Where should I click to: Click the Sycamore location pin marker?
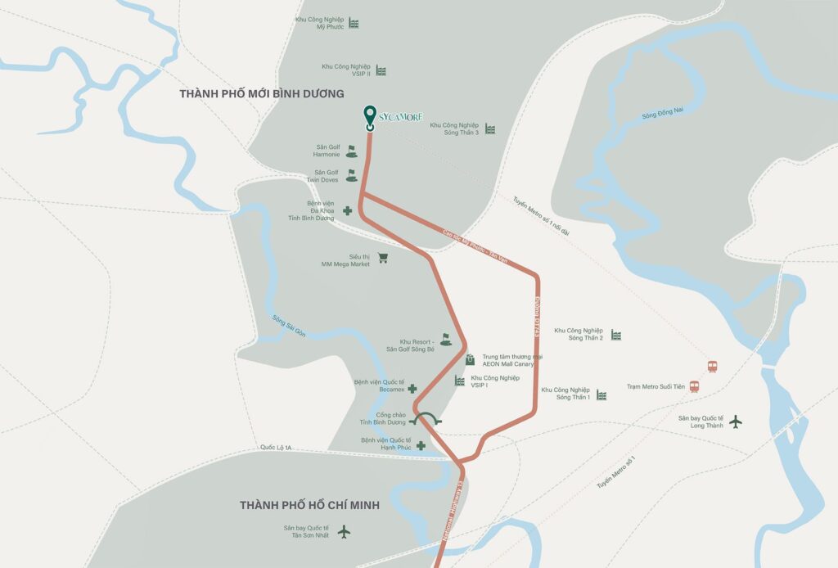click(x=369, y=117)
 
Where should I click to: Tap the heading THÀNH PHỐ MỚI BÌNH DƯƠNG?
click(x=262, y=94)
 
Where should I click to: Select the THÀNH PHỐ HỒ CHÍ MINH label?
click(x=309, y=505)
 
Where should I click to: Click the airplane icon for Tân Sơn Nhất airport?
click(x=344, y=533)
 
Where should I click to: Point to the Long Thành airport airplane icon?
click(x=735, y=421)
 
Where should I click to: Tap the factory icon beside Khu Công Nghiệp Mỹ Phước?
click(x=354, y=23)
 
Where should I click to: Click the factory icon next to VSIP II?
click(x=381, y=71)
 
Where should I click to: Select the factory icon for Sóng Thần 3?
click(x=489, y=128)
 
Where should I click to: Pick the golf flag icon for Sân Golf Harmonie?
click(x=351, y=151)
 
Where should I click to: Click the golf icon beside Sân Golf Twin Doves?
click(x=351, y=175)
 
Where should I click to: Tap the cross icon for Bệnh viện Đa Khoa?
click(x=348, y=210)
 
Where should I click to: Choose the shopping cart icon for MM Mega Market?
click(x=382, y=259)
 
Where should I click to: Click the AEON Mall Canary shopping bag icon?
click(x=470, y=359)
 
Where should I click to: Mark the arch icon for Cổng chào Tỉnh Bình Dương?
click(x=426, y=419)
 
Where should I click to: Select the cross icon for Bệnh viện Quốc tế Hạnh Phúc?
click(x=421, y=445)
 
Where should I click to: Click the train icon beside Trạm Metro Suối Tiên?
click(x=694, y=386)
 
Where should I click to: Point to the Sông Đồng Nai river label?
click(x=662, y=115)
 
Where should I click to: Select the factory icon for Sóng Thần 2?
click(x=615, y=335)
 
